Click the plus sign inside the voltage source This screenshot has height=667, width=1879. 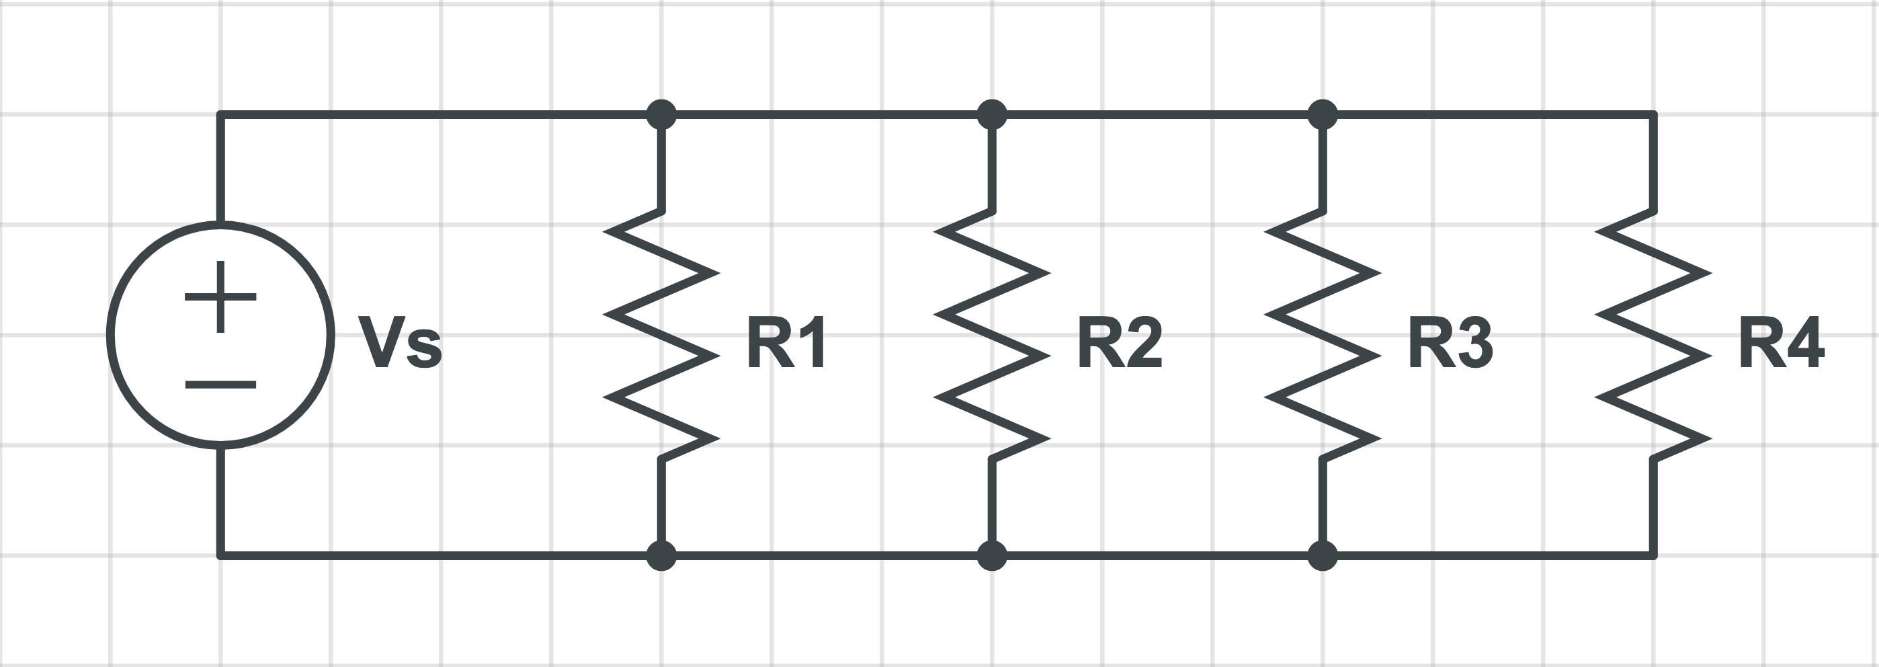tap(220, 297)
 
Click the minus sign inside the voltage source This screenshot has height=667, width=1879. tap(220, 385)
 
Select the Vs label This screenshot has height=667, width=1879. tap(400, 342)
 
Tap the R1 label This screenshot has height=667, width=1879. tap(786, 342)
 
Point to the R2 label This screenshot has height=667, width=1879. tap(1119, 342)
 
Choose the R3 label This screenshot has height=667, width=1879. tap(1450, 342)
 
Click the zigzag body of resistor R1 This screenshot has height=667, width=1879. tap(661, 336)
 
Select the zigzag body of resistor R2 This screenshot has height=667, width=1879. tap(992, 336)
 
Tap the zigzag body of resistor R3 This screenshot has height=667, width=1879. tap(1323, 336)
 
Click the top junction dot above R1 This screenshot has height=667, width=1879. tap(661, 114)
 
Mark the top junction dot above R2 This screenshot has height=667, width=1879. tap(992, 114)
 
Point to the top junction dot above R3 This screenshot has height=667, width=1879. tap(1323, 114)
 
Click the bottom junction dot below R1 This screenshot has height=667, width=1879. tap(661, 556)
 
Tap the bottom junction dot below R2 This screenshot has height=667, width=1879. tap(992, 556)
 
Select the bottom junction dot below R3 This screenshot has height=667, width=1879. tap(1323, 556)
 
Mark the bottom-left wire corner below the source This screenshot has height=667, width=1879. tap(221, 556)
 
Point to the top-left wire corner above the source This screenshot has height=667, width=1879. tap(221, 114)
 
